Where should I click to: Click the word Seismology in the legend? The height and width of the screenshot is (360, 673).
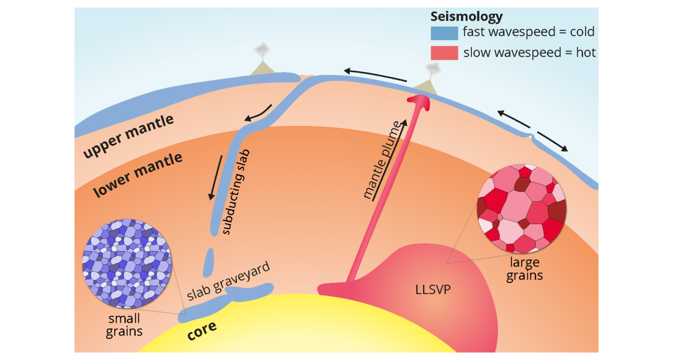tap(466, 17)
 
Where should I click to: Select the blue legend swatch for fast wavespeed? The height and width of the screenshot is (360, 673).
tap(444, 32)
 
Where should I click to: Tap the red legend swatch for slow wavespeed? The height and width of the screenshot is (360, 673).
tap(444, 53)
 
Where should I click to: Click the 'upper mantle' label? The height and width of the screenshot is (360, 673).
tap(128, 136)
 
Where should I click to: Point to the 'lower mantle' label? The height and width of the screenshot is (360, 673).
tap(138, 175)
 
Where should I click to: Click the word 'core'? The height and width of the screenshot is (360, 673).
tap(202, 330)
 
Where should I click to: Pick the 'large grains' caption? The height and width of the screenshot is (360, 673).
tap(524, 269)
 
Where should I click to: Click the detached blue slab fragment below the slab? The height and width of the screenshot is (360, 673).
tap(208, 261)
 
